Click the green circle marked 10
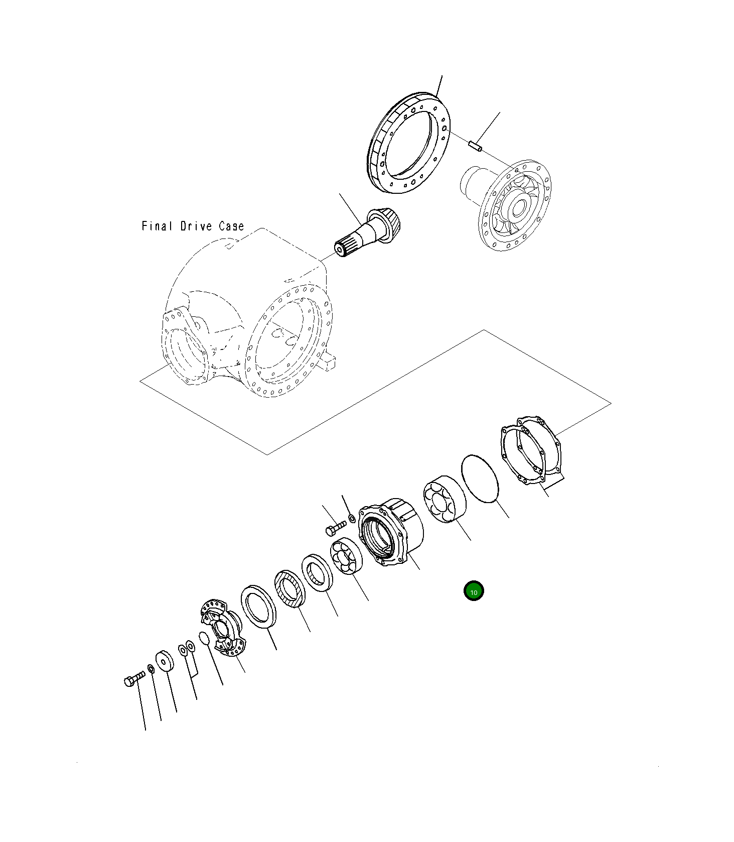click(x=473, y=591)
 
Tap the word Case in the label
click(x=231, y=226)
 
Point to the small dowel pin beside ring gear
click(x=475, y=147)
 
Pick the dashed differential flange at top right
click(x=514, y=206)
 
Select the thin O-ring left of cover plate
click(x=480, y=478)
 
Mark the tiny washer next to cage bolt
click(x=352, y=518)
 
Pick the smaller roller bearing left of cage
click(x=347, y=556)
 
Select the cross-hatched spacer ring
click(x=289, y=588)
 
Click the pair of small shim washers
click(x=187, y=649)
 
